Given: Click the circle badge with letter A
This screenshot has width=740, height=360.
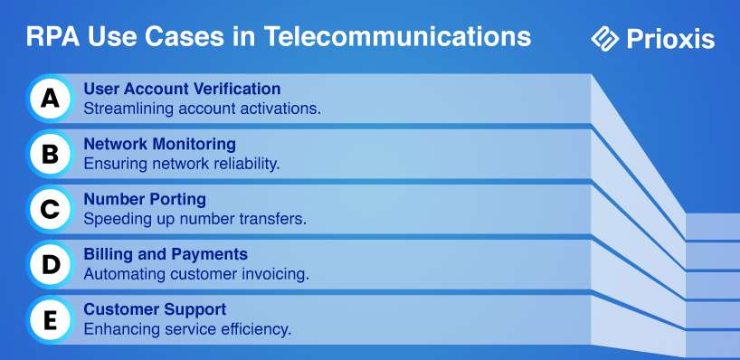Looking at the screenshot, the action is point(50,99).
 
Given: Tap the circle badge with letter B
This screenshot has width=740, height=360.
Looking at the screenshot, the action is point(50,154).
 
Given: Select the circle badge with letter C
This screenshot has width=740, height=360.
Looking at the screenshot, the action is point(50,209).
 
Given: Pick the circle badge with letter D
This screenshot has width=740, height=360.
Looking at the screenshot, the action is point(50,264).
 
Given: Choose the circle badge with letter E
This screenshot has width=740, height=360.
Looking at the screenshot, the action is point(50,320).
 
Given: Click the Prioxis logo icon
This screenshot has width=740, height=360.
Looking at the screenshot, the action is point(605,39).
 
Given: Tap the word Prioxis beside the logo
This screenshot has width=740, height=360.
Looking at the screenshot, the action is point(670,39).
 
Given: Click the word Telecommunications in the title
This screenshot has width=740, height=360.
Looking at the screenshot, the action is point(397,36).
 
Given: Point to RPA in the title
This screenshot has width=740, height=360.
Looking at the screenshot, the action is point(53,36).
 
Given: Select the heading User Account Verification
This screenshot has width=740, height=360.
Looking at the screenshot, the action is point(182,89).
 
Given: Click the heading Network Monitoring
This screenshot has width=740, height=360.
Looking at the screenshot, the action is point(159,144).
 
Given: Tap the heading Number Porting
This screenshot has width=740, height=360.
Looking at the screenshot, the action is point(145,199).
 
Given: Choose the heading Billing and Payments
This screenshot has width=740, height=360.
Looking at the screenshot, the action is point(166,254).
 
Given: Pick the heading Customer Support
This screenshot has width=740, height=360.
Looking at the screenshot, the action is point(155,309).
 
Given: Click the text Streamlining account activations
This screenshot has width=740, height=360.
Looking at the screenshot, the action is point(203,109).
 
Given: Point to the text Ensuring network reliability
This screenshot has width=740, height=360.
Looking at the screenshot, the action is point(182,164).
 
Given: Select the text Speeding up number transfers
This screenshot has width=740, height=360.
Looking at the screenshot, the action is point(194,219).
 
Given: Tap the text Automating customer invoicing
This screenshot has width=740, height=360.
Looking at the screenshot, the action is point(196,274).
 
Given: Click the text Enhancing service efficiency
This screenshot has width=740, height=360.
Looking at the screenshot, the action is point(187,329).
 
